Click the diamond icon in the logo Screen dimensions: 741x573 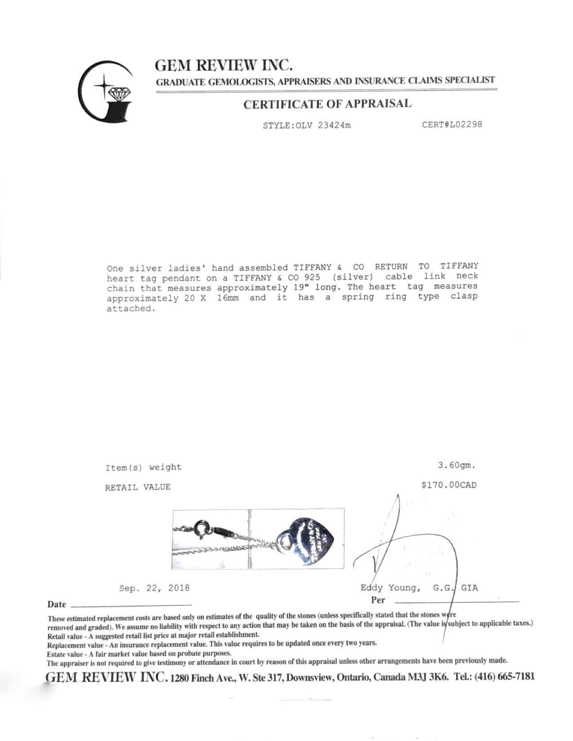[119, 94]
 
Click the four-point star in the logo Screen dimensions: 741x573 [104, 85]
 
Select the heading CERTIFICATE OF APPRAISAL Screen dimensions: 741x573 [327, 104]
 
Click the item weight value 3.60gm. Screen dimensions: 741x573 [457, 465]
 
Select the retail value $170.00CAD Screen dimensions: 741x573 [449, 485]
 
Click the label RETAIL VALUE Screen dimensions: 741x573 [138, 487]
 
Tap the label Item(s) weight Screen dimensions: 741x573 [143, 468]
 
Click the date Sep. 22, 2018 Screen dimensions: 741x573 [154, 588]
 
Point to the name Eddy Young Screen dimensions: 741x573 [390, 588]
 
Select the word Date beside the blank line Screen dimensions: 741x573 [57, 604]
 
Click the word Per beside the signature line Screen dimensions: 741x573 [378, 600]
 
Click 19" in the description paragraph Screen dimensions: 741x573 [294, 287]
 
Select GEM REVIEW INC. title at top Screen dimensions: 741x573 [224, 66]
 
